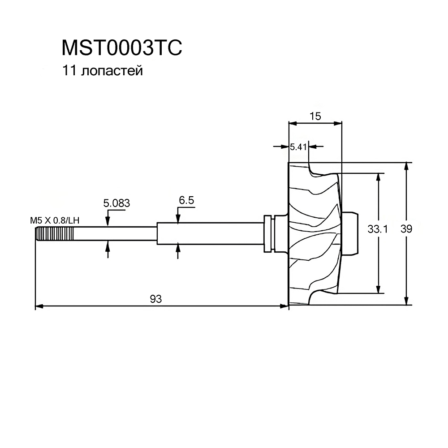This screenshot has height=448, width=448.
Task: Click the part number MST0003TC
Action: (x=122, y=48)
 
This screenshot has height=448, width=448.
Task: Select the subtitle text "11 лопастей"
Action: (x=102, y=71)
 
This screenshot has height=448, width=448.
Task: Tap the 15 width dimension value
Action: (x=315, y=116)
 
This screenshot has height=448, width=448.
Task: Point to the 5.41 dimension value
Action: (x=298, y=147)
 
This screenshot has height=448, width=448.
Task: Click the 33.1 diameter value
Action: (x=377, y=229)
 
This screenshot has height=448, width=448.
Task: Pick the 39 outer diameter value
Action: (x=406, y=228)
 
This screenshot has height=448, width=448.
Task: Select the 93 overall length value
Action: (x=156, y=299)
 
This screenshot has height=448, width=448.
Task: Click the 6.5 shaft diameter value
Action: (x=186, y=200)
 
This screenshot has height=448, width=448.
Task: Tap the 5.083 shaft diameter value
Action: (x=116, y=203)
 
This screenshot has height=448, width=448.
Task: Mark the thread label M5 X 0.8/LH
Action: (x=55, y=220)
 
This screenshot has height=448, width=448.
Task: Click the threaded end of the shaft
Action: (x=54, y=234)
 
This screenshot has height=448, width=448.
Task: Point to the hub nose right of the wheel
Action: (x=350, y=233)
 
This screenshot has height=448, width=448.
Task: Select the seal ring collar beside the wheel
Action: (x=268, y=233)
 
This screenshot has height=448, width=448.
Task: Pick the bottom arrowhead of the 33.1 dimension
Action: (x=378, y=289)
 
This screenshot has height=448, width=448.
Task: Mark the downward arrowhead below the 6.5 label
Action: (x=178, y=219)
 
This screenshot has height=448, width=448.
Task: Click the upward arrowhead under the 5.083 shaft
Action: (x=108, y=245)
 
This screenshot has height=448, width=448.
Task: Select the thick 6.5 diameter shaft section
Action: (x=210, y=233)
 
